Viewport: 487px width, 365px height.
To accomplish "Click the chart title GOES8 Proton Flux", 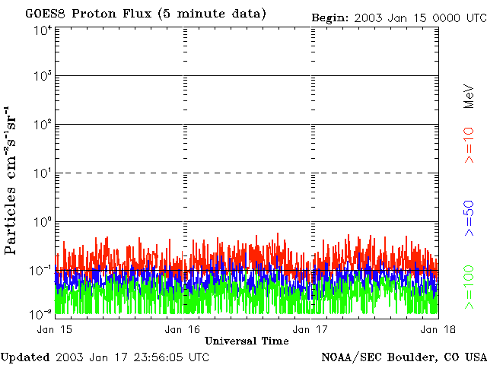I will [x=145, y=14].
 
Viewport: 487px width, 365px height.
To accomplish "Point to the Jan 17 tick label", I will [x=310, y=328].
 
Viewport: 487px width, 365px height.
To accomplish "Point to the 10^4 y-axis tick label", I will [x=43, y=30].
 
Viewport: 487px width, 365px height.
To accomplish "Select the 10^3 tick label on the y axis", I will [x=43, y=77].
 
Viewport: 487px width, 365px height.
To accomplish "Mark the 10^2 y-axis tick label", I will [x=43, y=125].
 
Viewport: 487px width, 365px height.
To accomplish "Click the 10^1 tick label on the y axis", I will [x=43, y=174].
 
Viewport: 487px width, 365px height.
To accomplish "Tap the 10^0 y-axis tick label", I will [x=43, y=223].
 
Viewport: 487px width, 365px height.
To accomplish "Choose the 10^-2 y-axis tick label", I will [x=41, y=313].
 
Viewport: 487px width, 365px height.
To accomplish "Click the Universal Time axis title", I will [x=246, y=340].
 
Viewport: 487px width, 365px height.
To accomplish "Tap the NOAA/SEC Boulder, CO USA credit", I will [x=403, y=357].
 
